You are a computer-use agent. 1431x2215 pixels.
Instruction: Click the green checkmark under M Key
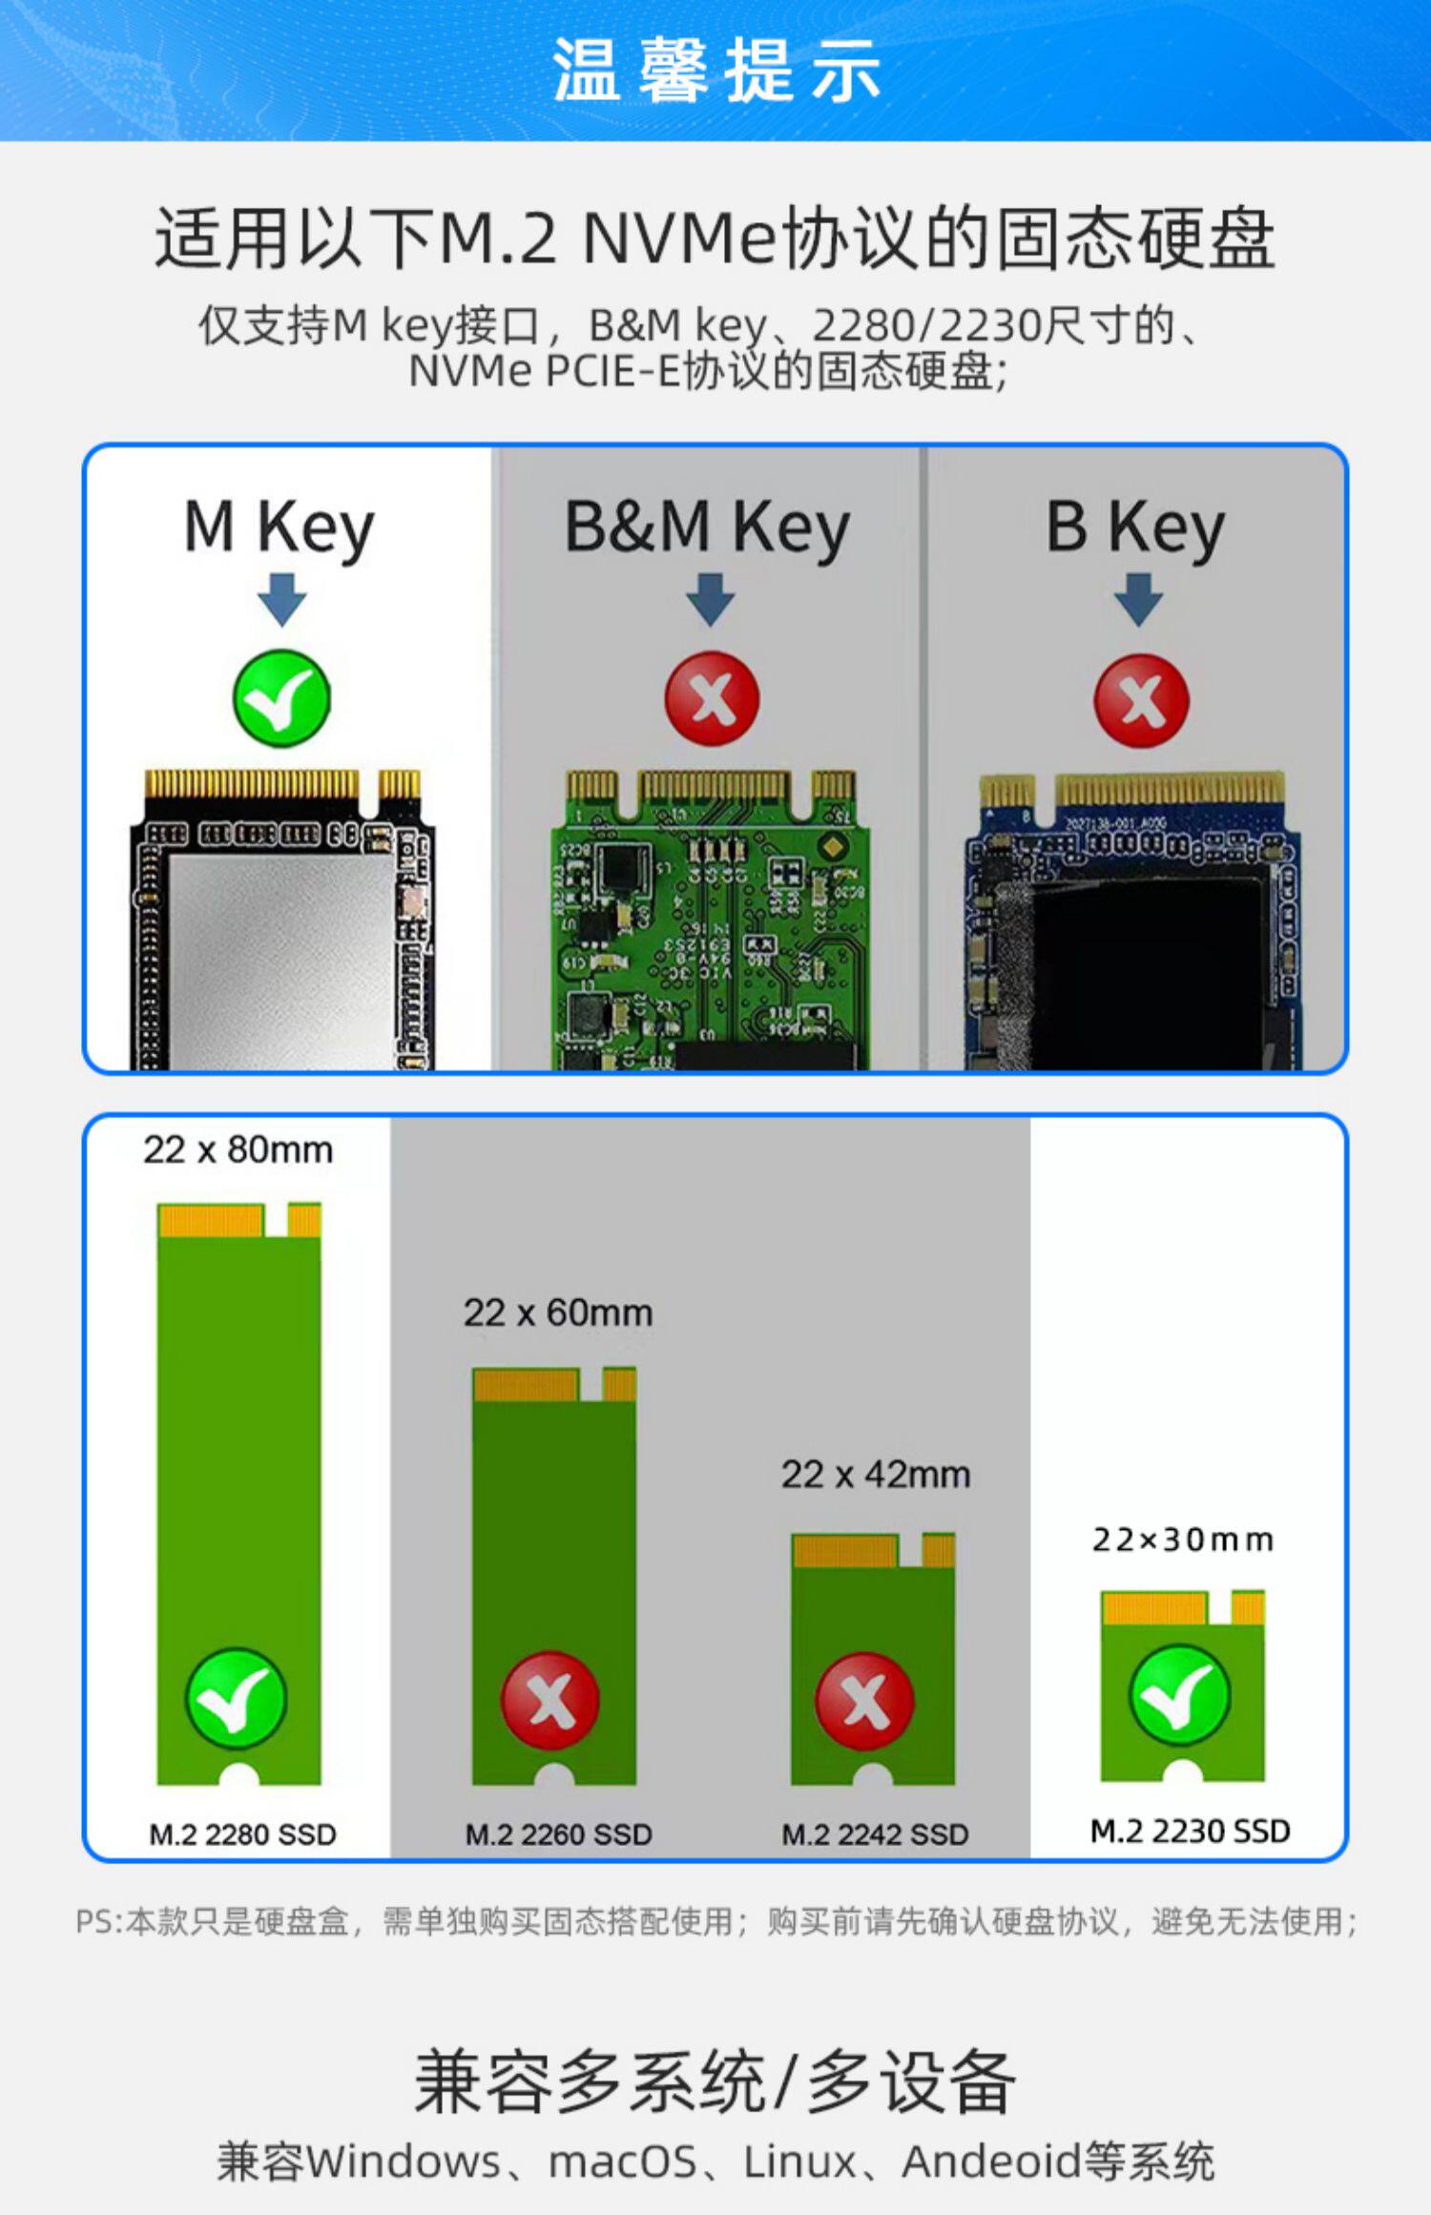coord(281,699)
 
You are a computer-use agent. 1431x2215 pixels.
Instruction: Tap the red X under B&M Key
coord(712,699)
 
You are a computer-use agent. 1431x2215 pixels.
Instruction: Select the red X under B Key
coord(1141,701)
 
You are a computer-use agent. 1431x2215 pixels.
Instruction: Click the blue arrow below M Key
coord(281,599)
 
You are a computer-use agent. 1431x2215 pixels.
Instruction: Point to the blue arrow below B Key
coord(1138,599)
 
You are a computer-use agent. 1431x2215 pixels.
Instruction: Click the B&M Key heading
coord(707,528)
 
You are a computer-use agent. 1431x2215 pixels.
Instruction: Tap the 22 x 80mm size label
coord(238,1150)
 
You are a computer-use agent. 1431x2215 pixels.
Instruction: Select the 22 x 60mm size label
coord(558,1314)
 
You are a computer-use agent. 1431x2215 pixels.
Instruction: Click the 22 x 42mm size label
coord(876,1475)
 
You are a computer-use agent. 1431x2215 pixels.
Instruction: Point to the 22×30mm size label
coord(1182,1540)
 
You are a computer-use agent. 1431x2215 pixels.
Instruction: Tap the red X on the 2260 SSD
coord(550,1700)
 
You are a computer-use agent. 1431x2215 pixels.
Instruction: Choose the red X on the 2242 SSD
coord(865,1701)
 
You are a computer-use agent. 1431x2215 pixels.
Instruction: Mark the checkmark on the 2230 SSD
coord(1179,1695)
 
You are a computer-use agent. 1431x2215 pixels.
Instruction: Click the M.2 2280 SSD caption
coord(242,1834)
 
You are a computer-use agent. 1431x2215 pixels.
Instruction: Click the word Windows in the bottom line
coord(403,2162)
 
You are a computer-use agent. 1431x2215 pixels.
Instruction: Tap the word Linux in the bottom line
coord(799,2162)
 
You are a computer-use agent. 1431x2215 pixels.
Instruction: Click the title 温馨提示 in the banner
coord(715,71)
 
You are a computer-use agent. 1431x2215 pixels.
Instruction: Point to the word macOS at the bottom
coord(623,2162)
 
